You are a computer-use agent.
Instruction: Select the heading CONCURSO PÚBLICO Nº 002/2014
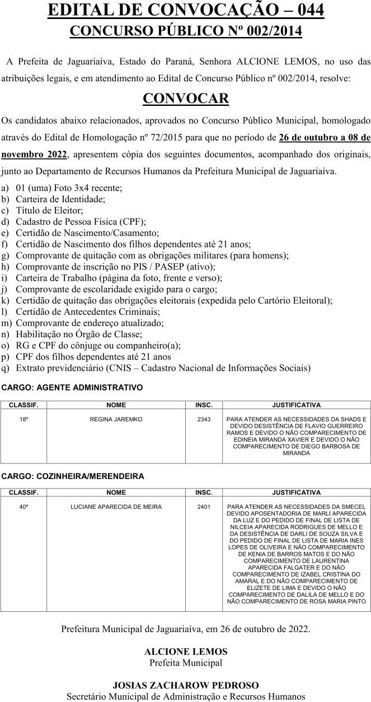click(x=186, y=31)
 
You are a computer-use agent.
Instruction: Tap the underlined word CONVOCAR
click(x=186, y=99)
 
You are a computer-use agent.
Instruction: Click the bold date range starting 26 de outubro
click(x=325, y=137)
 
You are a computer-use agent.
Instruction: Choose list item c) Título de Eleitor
click(x=50, y=210)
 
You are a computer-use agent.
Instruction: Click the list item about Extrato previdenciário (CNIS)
click(x=163, y=368)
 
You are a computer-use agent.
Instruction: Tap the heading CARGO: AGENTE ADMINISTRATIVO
click(x=73, y=387)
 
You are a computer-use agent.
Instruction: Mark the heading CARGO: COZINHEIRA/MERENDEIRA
click(x=73, y=476)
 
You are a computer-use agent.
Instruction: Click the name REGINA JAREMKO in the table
click(x=116, y=419)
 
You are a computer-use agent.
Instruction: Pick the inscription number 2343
click(x=204, y=419)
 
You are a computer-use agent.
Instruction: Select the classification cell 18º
click(x=24, y=419)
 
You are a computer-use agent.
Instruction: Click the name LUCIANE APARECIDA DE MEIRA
click(x=116, y=507)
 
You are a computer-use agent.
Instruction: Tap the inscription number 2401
click(x=204, y=507)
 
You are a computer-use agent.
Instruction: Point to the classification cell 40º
click(x=24, y=507)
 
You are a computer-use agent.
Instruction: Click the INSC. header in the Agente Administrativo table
click(x=204, y=405)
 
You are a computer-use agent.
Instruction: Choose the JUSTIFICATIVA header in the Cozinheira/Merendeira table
click(x=296, y=493)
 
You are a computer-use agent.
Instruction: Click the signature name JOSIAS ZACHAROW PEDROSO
click(x=186, y=685)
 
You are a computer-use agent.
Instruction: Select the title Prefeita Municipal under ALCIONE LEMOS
click(x=186, y=663)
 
